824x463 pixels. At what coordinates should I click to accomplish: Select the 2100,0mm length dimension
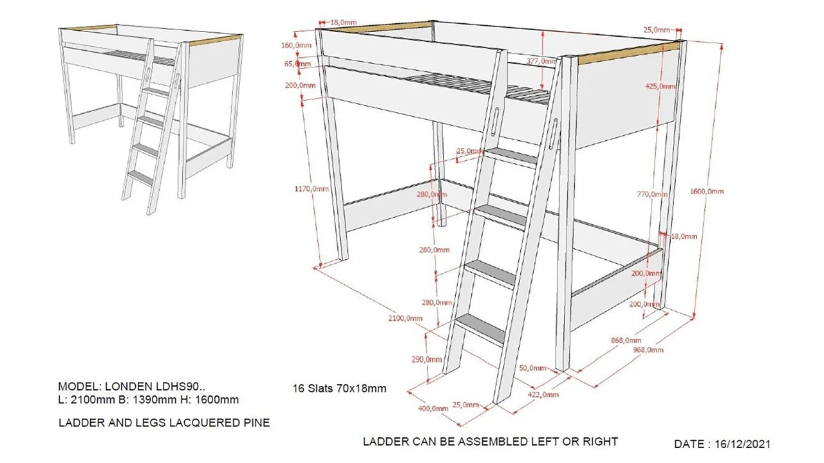click(x=406, y=318)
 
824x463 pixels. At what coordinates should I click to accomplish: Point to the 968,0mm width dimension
click(x=648, y=350)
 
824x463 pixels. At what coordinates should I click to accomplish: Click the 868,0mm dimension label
click(x=626, y=340)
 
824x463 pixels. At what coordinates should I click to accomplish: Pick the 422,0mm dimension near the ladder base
click(x=544, y=394)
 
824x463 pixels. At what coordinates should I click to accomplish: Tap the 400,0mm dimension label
click(x=433, y=408)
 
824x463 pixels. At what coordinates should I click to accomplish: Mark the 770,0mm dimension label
click(x=649, y=194)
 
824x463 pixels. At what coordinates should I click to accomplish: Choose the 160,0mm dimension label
click(x=297, y=45)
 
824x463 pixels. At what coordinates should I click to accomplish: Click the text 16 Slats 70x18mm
click(x=339, y=388)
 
